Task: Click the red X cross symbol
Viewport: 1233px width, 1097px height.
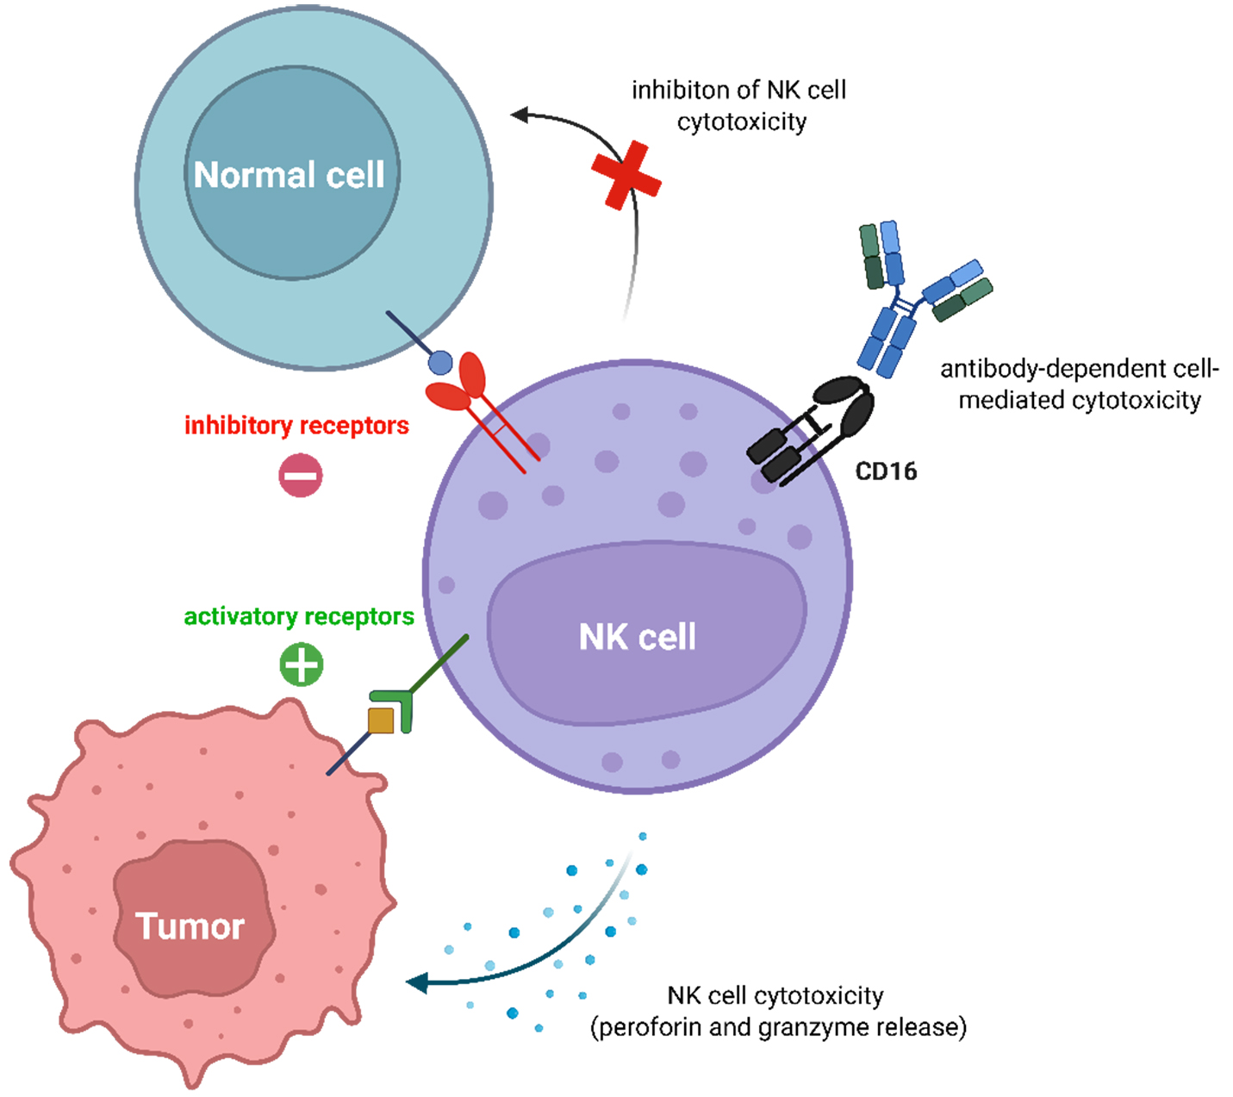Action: (x=626, y=176)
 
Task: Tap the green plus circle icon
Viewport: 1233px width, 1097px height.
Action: (x=301, y=664)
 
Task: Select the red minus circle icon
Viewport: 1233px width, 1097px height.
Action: (x=301, y=475)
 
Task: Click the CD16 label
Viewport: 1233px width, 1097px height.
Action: (x=886, y=471)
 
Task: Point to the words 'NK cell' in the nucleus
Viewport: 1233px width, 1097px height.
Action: (x=637, y=637)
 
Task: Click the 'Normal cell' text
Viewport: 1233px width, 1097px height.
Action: (x=289, y=175)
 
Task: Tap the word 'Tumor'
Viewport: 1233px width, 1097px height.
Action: (x=190, y=926)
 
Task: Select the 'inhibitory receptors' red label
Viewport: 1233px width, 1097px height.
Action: (x=296, y=426)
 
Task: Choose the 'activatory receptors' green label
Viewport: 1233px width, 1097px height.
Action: (x=299, y=617)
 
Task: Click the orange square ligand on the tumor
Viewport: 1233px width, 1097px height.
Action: (x=381, y=720)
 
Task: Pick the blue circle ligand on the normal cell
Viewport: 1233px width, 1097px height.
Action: (x=440, y=363)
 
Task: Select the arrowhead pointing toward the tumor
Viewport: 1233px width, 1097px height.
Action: (x=419, y=982)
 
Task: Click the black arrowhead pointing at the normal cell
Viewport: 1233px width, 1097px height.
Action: (x=520, y=115)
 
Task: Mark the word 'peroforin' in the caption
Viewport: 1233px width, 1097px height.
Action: (x=647, y=1027)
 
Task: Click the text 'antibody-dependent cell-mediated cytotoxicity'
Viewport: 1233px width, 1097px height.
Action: (x=1079, y=384)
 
